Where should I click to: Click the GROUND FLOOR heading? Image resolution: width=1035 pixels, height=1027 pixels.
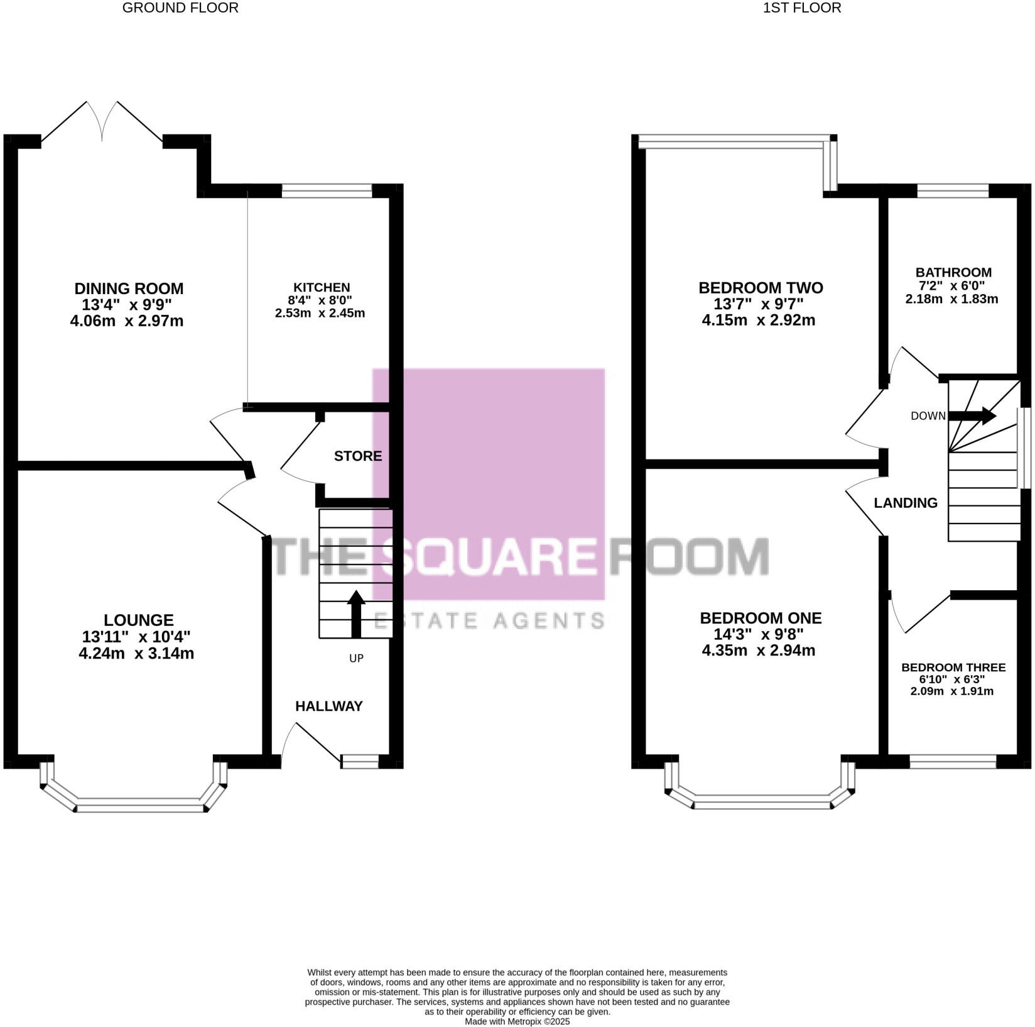pyautogui.click(x=180, y=8)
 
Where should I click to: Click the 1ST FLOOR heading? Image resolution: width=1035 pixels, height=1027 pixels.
pyautogui.click(x=801, y=8)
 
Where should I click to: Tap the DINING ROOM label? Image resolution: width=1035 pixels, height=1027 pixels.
pyautogui.click(x=129, y=288)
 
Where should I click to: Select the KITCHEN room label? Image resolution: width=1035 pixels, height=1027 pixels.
pyautogui.click(x=321, y=288)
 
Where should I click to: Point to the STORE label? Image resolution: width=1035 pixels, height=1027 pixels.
pyautogui.click(x=358, y=456)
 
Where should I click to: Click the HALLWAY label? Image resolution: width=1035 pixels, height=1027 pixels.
pyautogui.click(x=329, y=706)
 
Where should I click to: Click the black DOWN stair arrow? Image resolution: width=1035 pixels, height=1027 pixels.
pyautogui.click(x=972, y=415)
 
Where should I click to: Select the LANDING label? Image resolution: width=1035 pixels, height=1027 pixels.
pyautogui.click(x=906, y=503)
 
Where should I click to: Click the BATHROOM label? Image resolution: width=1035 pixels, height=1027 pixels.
pyautogui.click(x=953, y=273)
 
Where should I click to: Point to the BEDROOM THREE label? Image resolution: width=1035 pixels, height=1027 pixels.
pyautogui.click(x=953, y=667)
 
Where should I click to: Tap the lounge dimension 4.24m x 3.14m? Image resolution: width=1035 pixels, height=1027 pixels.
pyautogui.click(x=136, y=654)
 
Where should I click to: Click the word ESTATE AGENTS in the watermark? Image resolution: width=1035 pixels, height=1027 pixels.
pyautogui.click(x=489, y=621)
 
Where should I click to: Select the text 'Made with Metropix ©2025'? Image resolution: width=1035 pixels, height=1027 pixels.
pyautogui.click(x=517, y=1022)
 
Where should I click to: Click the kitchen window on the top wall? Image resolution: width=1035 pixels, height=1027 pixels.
pyautogui.click(x=327, y=190)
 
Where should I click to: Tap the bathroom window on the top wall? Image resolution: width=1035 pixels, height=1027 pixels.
pyautogui.click(x=953, y=190)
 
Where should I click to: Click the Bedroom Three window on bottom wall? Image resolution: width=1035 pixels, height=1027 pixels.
pyautogui.click(x=953, y=762)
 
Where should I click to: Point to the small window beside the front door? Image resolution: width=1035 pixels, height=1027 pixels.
pyautogui.click(x=360, y=762)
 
